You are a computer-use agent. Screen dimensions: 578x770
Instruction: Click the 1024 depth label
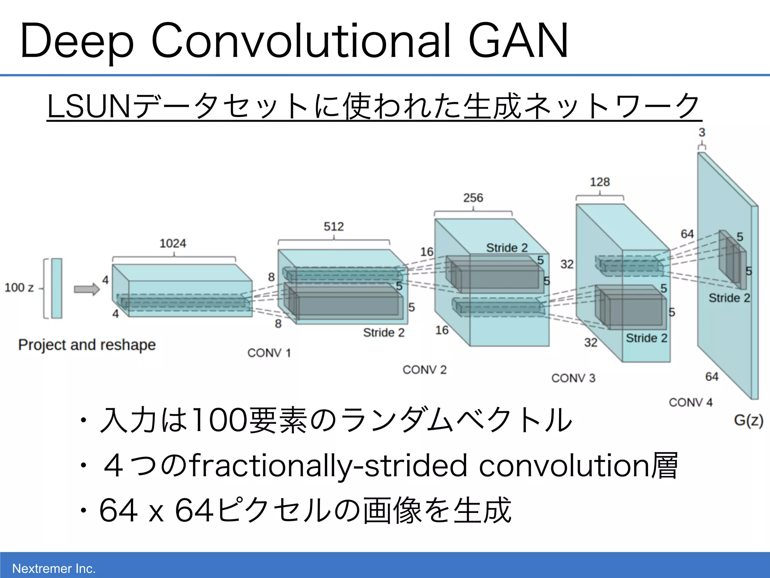(173, 243)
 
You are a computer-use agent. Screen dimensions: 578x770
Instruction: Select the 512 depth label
(333, 227)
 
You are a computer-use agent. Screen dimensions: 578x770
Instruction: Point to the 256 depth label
(473, 198)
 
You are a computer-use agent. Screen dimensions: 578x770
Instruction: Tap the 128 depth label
(600, 182)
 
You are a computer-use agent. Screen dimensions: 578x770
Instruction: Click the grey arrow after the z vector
(87, 289)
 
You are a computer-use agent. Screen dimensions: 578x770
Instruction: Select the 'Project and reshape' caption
(87, 345)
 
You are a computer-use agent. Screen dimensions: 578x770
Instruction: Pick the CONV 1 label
(269, 353)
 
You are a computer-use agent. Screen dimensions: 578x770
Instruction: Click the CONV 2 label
(424, 370)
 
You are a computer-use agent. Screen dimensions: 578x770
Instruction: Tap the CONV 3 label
(573, 378)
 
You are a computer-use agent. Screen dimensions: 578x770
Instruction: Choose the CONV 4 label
(691, 402)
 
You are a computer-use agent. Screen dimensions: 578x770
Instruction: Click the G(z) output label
(748, 420)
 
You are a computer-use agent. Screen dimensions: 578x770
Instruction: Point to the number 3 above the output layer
(702, 132)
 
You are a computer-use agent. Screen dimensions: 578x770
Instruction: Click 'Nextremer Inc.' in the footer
(54, 568)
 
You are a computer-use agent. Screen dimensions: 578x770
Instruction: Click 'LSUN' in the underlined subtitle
(89, 107)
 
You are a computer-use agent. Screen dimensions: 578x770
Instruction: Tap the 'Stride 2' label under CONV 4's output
(729, 298)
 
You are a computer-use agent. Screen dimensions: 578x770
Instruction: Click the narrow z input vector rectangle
(57, 288)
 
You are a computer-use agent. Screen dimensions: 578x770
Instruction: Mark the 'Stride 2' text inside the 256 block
(507, 248)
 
